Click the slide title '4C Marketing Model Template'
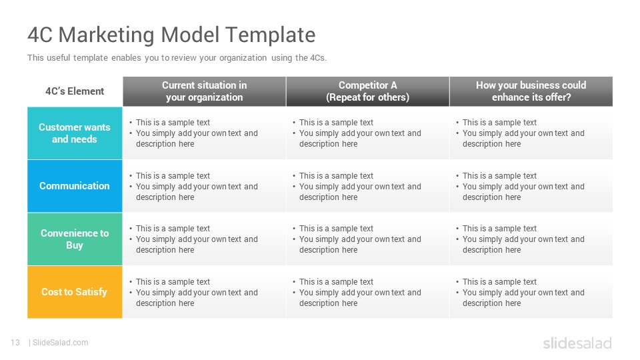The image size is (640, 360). (x=171, y=35)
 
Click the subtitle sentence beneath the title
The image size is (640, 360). (x=177, y=57)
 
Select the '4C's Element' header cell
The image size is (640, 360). (x=75, y=91)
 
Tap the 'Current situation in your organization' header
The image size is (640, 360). (x=205, y=91)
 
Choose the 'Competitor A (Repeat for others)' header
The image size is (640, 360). (x=368, y=91)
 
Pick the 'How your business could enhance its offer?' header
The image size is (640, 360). (x=531, y=91)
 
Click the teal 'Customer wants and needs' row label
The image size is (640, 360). (x=75, y=133)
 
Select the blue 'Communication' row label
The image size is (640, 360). (x=75, y=186)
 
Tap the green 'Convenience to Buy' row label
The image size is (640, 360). (x=75, y=239)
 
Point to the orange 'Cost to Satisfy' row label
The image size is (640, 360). (x=75, y=292)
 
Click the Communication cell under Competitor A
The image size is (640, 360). (x=368, y=186)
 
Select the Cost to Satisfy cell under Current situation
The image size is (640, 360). (x=205, y=292)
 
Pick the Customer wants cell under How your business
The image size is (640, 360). (x=531, y=133)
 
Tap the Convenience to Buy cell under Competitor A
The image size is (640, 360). (x=368, y=239)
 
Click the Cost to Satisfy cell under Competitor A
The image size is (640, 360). (x=368, y=292)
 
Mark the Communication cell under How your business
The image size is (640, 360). (x=531, y=186)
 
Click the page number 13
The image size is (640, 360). (x=15, y=343)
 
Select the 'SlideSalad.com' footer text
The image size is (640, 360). (x=61, y=343)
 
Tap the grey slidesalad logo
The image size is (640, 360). (x=577, y=343)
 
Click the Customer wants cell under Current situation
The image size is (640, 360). (x=205, y=133)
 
